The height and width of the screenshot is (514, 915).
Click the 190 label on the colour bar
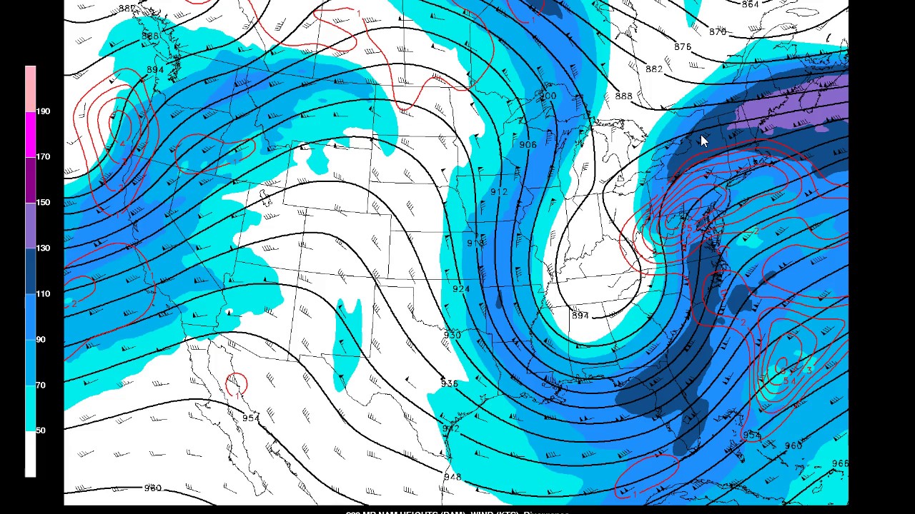tap(43, 111)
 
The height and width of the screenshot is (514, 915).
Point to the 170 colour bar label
tap(43, 156)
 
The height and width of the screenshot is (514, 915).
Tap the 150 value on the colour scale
tap(43, 202)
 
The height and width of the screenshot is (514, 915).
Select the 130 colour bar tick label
tap(43, 248)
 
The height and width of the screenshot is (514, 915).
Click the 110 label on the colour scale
tap(43, 293)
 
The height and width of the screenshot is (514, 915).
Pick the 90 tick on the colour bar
tap(41, 339)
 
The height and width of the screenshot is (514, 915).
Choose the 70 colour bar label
tap(41, 385)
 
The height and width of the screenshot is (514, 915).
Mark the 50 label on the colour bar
tap(41, 430)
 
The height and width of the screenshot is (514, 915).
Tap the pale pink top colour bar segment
tap(30, 89)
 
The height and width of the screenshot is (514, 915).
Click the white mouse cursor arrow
tap(704, 141)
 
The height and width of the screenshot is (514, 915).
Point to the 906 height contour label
tap(528, 145)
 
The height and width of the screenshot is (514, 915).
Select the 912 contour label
tap(499, 192)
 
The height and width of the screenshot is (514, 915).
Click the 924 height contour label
tap(461, 289)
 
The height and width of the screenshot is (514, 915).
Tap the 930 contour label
tap(452, 335)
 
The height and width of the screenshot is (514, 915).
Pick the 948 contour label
tap(452, 477)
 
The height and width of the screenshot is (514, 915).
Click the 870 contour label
tap(718, 32)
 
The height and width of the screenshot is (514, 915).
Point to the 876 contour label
tap(683, 47)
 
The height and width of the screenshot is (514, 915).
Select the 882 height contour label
tap(653, 69)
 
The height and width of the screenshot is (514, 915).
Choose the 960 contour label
tap(793, 446)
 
